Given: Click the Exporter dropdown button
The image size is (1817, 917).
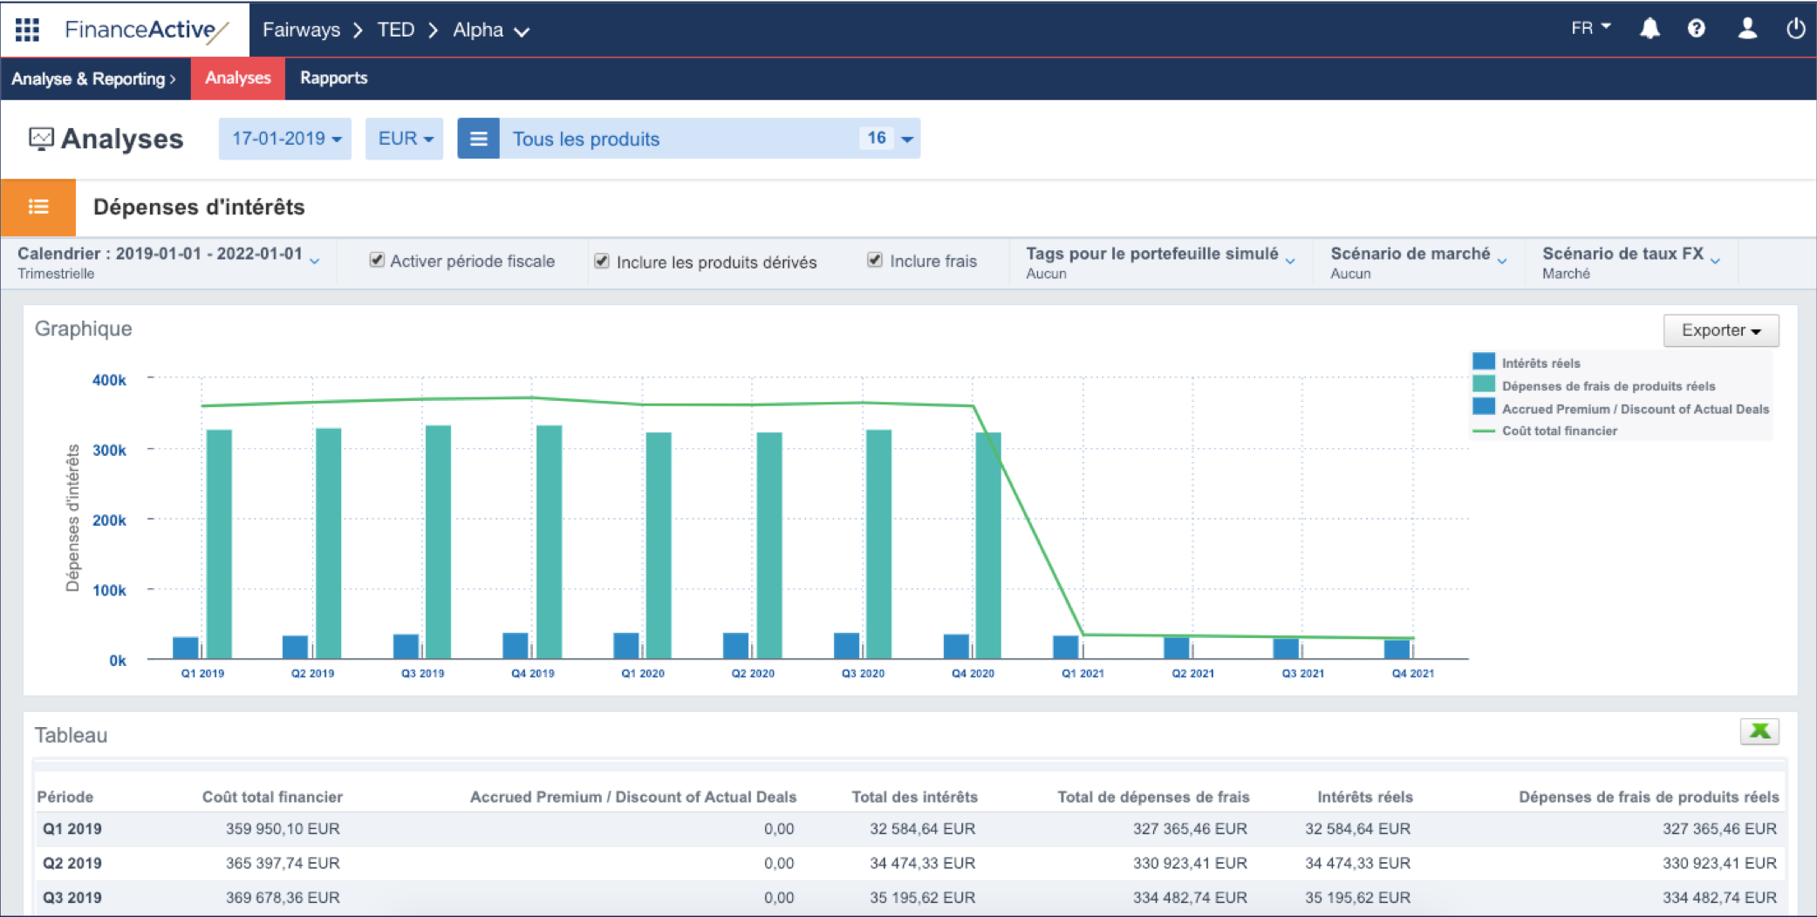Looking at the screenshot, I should pos(1720,330).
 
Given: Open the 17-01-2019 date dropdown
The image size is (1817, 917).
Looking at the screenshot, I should pos(285,139).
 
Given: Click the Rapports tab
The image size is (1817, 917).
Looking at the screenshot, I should pos(333,78).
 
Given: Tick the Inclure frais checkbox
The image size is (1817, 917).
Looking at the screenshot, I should pos(875,260).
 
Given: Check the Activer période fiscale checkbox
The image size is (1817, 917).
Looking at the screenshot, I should pos(377,260).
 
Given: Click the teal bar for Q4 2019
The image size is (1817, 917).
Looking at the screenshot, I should pos(549,540).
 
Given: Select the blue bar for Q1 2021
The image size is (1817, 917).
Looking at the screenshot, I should pos(1065,647).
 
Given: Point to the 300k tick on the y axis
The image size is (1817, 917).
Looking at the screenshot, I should pos(110,450).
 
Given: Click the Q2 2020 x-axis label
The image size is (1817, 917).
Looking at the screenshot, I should pos(753,673).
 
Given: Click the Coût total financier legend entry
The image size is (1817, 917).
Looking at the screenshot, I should pos(1559,431).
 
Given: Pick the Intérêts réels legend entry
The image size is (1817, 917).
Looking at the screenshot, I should pos(1540,363).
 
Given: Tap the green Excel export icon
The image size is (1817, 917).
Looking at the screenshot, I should pos(1759,731).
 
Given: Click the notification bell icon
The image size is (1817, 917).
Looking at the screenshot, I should pos(1650,29).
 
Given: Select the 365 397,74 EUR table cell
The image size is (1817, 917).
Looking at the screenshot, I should pos(283,863).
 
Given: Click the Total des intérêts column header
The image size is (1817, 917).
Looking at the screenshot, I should pos(914,797).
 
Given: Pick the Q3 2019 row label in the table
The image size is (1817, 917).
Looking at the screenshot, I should pos(72,897).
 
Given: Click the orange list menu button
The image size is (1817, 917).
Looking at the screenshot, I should pos(38,207).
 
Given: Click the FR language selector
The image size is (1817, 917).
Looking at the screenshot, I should pos(1590,29).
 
